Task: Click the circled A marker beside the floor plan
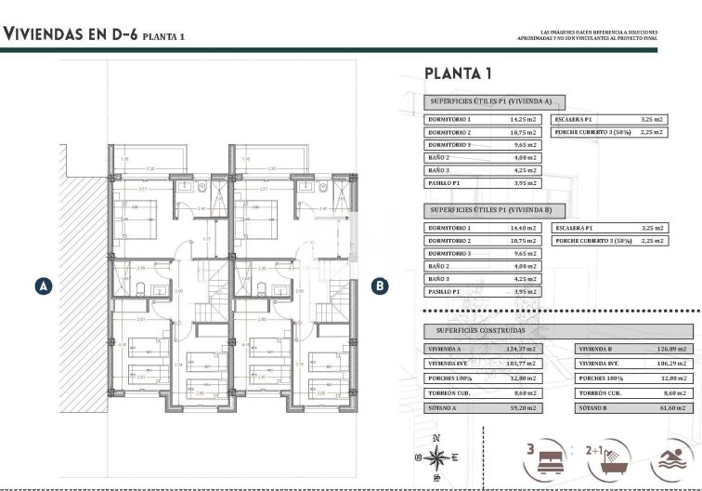click(41, 286)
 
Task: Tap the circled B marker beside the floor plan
click(379, 286)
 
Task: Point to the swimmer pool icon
click(672, 458)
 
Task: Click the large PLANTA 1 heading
click(457, 73)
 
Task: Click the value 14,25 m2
click(523, 120)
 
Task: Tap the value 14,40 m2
click(523, 228)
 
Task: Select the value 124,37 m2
click(523, 349)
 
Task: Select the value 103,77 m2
click(523, 364)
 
